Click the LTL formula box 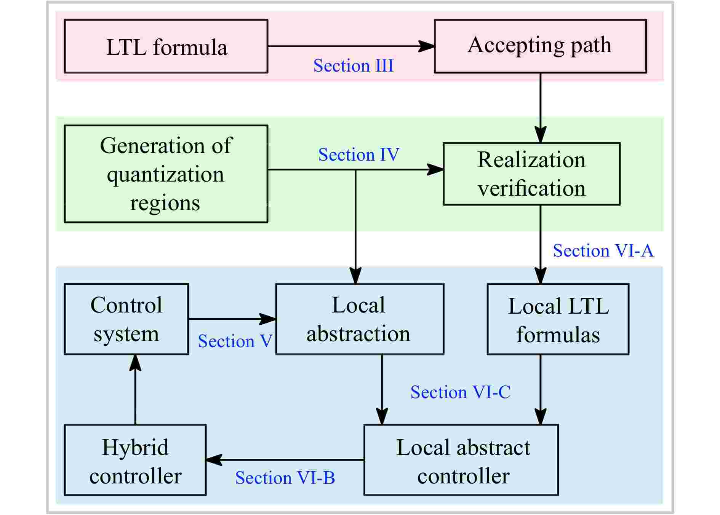pyautogui.click(x=166, y=46)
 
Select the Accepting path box pyautogui.click(x=540, y=46)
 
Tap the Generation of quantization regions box pyautogui.click(x=166, y=174)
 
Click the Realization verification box pyautogui.click(x=531, y=174)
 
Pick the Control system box pyautogui.click(x=126, y=319)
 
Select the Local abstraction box pyautogui.click(x=359, y=319)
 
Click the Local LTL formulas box pyautogui.click(x=558, y=319)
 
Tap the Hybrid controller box pyautogui.click(x=135, y=460)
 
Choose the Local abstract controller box pyautogui.click(x=461, y=460)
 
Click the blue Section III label pyautogui.click(x=353, y=65)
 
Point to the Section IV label pyautogui.click(x=358, y=155)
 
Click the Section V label pyautogui.click(x=235, y=341)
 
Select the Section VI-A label pyautogui.click(x=603, y=251)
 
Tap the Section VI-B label pyautogui.click(x=285, y=478)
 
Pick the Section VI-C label pyautogui.click(x=460, y=392)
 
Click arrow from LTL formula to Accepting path pyautogui.click(x=350, y=46)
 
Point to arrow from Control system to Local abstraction pyautogui.click(x=232, y=319)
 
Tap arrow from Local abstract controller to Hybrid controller pyautogui.click(x=285, y=460)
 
